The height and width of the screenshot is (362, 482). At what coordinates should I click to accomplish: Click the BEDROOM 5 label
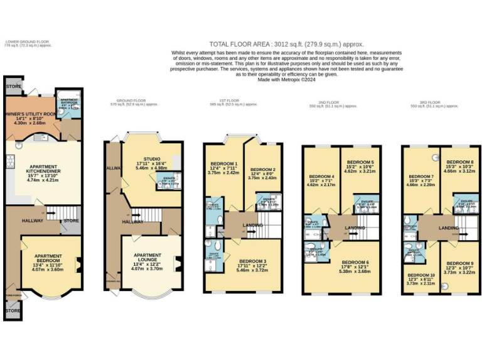click(x=360, y=162)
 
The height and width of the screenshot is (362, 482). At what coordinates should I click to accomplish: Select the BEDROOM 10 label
click(x=420, y=275)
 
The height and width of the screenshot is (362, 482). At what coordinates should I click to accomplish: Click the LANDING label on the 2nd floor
click(x=354, y=228)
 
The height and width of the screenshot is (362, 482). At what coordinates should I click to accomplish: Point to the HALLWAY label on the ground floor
click(x=133, y=221)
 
